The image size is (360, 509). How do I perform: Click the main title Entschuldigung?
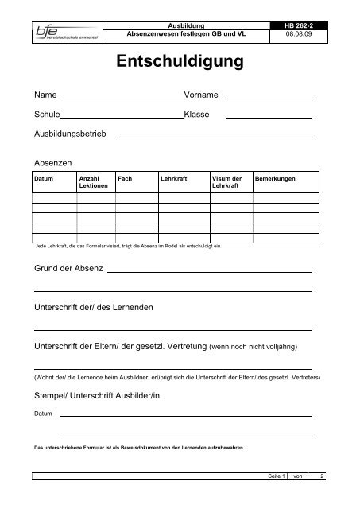pyautogui.click(x=180, y=62)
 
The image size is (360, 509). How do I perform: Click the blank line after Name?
pyautogui.click(x=122, y=98)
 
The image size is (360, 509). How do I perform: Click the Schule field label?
pyautogui.click(x=46, y=115)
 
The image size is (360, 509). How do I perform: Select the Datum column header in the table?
pyautogui.click(x=45, y=179)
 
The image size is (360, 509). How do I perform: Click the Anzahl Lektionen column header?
pyautogui.click(x=91, y=183)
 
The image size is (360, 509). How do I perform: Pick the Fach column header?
pyautogui.click(x=124, y=179)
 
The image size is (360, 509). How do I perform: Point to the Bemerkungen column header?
pyautogui.click(x=276, y=179)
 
